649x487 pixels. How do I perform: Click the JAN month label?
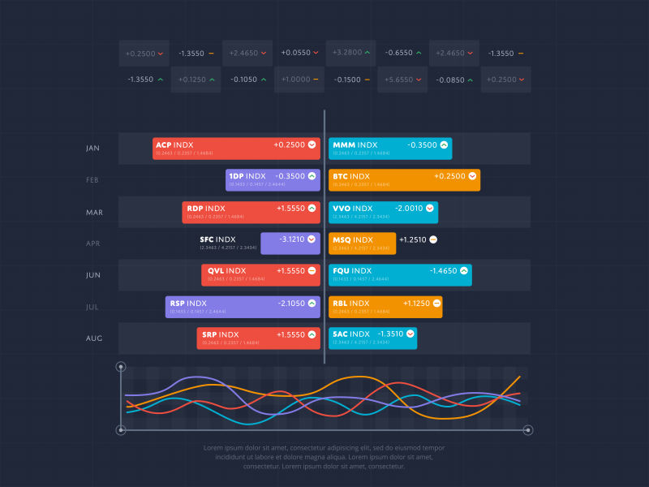92,148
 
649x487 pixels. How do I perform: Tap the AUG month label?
94,338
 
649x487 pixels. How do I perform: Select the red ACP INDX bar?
236,149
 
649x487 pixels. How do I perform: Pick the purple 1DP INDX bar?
273,180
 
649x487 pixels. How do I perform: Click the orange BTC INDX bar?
404,180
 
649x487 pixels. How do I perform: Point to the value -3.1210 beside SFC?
291,239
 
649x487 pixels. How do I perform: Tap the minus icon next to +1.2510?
433,239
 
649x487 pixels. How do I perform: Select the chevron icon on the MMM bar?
444,144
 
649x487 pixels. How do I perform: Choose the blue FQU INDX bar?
400,275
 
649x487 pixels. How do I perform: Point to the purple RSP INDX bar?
243,307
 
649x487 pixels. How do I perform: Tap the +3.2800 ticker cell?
351,53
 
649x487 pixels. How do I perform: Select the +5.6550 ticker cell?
402,80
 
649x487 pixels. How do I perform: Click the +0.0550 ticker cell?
299,53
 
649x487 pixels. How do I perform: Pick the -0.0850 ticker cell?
454,80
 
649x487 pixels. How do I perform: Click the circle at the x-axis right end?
528,429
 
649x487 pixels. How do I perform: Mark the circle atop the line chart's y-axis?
121,367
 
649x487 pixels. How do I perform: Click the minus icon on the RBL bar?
436,303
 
